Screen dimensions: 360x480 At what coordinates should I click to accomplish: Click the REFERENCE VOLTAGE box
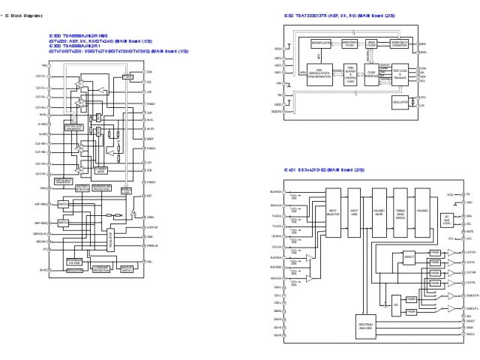[x=74, y=262]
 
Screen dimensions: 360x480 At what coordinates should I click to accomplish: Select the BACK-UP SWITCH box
[x=127, y=268]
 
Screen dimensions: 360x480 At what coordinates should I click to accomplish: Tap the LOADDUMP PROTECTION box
[x=101, y=269]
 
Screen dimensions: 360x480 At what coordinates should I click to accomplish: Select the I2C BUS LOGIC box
[x=448, y=220]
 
